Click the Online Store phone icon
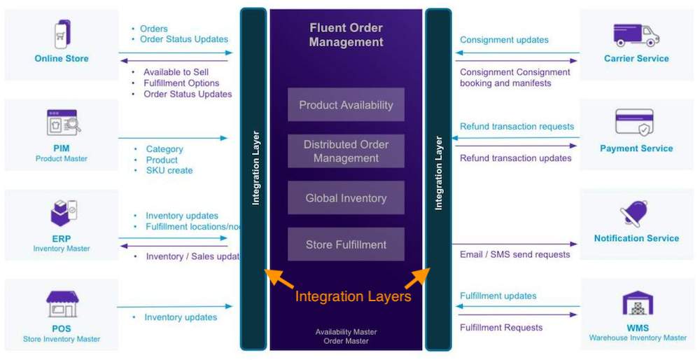(62, 34)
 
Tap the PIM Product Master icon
(62, 123)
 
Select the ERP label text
(62, 239)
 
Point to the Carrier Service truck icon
(636, 34)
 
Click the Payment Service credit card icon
(634, 123)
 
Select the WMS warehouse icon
(638, 303)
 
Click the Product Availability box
(346, 105)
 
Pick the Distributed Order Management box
(346, 151)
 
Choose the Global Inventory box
(346, 198)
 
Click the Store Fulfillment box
(346, 244)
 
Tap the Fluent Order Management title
(346, 35)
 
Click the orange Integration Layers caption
(353, 296)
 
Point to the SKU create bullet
(169, 170)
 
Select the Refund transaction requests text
(517, 127)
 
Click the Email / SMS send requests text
(514, 254)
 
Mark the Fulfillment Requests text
(501, 327)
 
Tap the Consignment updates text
(504, 40)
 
